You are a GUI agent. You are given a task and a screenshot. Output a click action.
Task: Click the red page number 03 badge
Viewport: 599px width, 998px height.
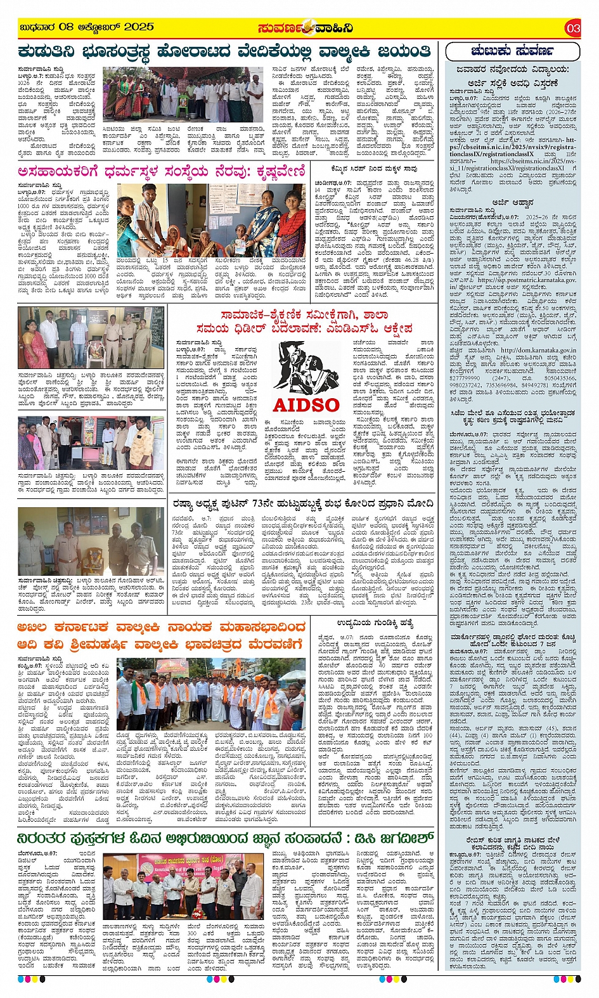pyautogui.click(x=572, y=28)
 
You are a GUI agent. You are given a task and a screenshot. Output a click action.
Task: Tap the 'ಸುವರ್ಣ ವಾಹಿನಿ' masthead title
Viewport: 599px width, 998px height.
pyautogui.click(x=305, y=28)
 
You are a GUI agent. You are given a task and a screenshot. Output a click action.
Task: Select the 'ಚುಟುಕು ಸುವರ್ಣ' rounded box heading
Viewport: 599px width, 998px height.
pyautogui.click(x=512, y=51)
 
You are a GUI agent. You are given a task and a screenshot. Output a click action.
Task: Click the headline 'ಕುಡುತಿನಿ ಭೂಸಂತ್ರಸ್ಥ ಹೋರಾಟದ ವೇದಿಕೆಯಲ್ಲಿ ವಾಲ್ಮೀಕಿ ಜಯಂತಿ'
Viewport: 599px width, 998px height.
pyautogui.click(x=225, y=51)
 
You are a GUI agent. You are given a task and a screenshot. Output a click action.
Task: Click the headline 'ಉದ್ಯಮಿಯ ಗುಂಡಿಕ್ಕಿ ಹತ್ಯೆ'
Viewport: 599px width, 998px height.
pyautogui.click(x=375, y=623)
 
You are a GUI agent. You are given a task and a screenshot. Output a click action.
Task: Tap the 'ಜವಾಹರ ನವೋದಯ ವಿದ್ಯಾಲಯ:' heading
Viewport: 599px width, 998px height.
pyautogui.click(x=513, y=70)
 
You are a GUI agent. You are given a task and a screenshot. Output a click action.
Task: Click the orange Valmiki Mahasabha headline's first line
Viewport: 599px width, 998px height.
pyautogui.click(x=162, y=628)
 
